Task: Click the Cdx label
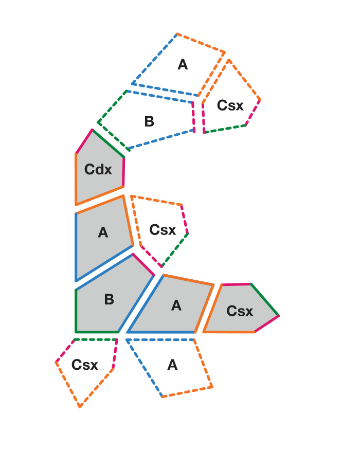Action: [x=98, y=169]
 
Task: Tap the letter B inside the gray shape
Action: [x=109, y=299]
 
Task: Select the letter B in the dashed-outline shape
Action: [x=149, y=121]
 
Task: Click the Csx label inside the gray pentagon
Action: [x=240, y=311]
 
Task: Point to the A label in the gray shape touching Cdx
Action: [x=103, y=232]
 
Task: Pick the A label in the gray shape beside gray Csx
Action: [x=176, y=305]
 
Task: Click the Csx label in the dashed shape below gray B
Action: [x=85, y=365]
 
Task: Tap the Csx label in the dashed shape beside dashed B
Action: [x=230, y=105]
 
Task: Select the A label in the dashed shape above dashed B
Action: [x=183, y=64]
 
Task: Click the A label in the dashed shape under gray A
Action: [x=172, y=365]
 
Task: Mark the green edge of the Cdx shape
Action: [x=108, y=143]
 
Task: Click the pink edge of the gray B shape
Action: [x=143, y=265]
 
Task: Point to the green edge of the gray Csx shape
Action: [x=265, y=300]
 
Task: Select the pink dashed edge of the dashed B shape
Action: [x=193, y=117]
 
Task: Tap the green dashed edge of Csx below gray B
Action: [x=96, y=340]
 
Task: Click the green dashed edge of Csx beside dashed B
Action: [x=225, y=129]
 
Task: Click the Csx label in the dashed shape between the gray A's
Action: [x=163, y=230]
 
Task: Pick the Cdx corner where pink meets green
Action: [x=93, y=130]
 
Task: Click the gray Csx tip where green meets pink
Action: [x=279, y=316]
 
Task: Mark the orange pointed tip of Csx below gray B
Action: [x=80, y=407]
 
